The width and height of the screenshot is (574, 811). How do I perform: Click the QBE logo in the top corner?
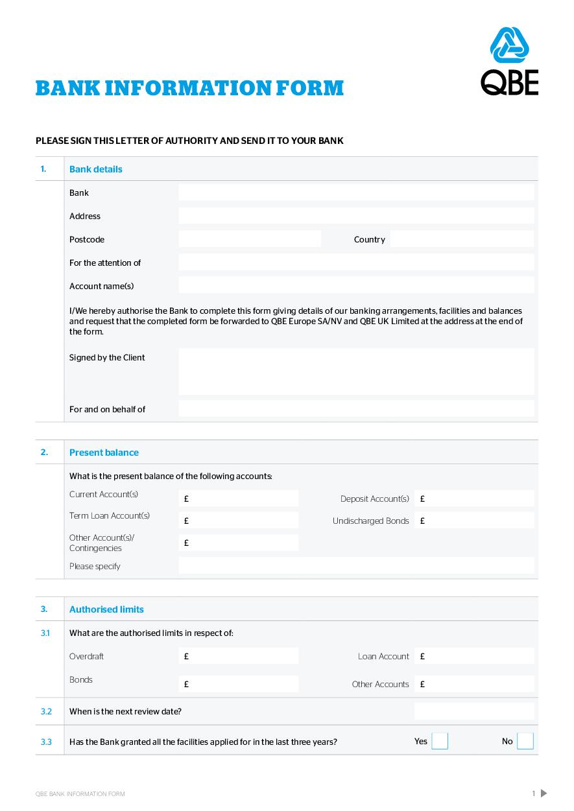pos(509,62)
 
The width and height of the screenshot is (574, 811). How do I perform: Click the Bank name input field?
pos(356,193)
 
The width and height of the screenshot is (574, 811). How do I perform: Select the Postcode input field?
pos(250,239)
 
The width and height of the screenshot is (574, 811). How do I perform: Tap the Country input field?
pos(462,239)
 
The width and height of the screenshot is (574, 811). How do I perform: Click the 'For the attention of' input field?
pos(356,263)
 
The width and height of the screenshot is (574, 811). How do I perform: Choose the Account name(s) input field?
pos(356,286)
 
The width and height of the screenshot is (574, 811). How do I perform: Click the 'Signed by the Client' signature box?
pos(356,371)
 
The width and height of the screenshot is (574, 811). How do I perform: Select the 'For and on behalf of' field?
pos(356,409)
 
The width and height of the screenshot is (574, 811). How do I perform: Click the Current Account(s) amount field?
pos(239,499)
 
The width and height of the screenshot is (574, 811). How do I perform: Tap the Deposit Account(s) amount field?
pos(474,499)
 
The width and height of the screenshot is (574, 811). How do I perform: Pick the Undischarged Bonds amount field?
pos(474,521)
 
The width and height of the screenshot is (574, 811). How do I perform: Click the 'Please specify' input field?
pos(356,566)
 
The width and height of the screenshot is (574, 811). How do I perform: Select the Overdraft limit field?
pos(239,656)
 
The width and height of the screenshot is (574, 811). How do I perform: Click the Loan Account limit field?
pos(474,656)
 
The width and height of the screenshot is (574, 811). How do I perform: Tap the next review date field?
pos(474,711)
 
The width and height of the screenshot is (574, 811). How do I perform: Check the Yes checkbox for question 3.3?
pos(440,742)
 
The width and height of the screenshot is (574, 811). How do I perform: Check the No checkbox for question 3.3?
pos(525,742)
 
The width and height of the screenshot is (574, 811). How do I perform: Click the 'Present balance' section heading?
pos(104,453)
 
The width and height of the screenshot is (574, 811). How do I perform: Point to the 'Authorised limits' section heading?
pos(106,609)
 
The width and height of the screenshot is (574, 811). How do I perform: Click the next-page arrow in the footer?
pos(544,793)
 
